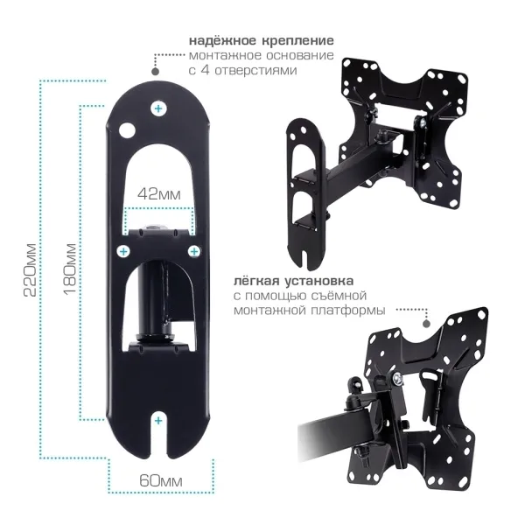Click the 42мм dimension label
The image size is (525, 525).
click(159, 194)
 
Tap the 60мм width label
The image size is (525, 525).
click(161, 481)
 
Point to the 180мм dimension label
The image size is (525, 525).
click(70, 269)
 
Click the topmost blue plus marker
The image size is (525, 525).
click(158, 108)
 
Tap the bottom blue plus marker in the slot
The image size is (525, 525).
click(158, 421)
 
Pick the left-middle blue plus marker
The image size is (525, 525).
click(123, 251)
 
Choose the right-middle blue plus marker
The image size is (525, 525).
click(194, 251)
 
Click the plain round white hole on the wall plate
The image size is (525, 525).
click(127, 129)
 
